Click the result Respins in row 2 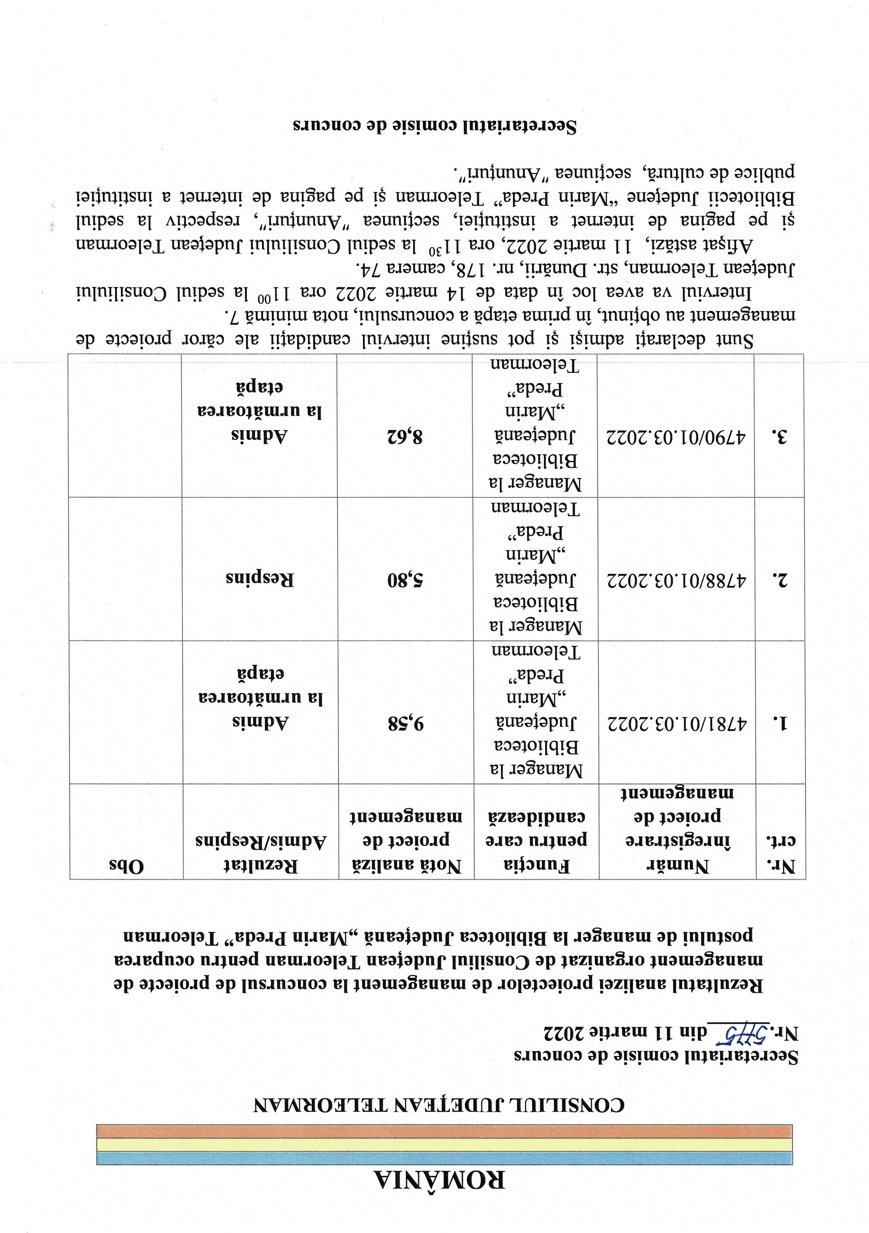(260, 579)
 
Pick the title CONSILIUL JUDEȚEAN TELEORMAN (439, 1100)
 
